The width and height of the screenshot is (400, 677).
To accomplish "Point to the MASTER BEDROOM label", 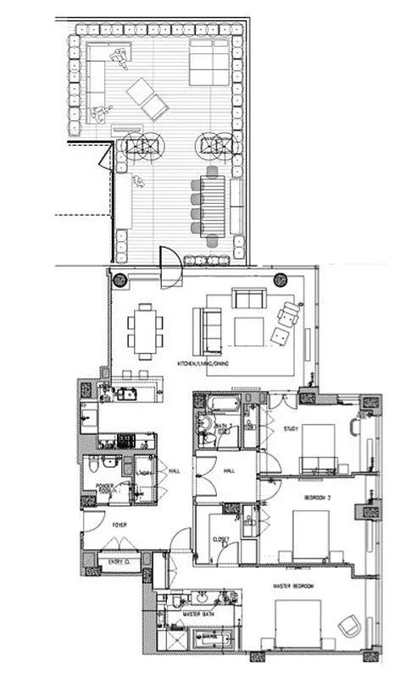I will click(291, 586).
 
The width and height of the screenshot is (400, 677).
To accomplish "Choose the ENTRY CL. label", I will click(114, 561).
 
